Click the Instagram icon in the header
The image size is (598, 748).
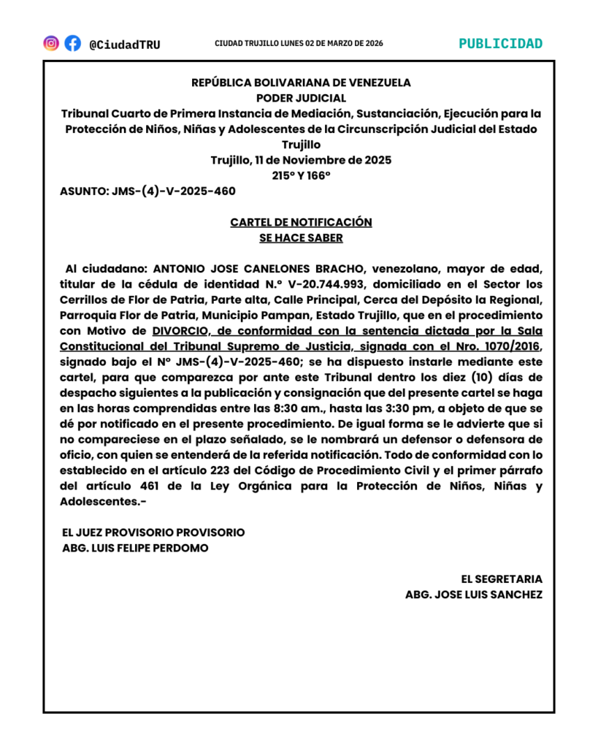click(x=51, y=43)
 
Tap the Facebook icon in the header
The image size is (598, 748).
click(x=72, y=43)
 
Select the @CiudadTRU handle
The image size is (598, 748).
click(x=124, y=45)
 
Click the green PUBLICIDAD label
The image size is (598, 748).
click(x=500, y=43)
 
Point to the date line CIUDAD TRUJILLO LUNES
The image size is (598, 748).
click(x=299, y=43)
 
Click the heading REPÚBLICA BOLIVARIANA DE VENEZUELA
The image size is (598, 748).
click(x=301, y=83)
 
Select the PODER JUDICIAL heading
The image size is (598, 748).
click(x=301, y=98)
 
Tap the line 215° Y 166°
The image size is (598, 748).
click(x=301, y=175)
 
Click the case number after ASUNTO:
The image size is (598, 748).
click(x=174, y=191)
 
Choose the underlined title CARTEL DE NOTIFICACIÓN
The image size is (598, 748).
click(x=301, y=222)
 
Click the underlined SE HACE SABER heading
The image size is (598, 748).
click(x=301, y=237)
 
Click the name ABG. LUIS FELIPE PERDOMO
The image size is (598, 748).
click(x=136, y=548)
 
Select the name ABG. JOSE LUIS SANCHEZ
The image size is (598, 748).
click(x=474, y=595)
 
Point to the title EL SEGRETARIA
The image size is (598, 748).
click(x=507, y=579)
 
